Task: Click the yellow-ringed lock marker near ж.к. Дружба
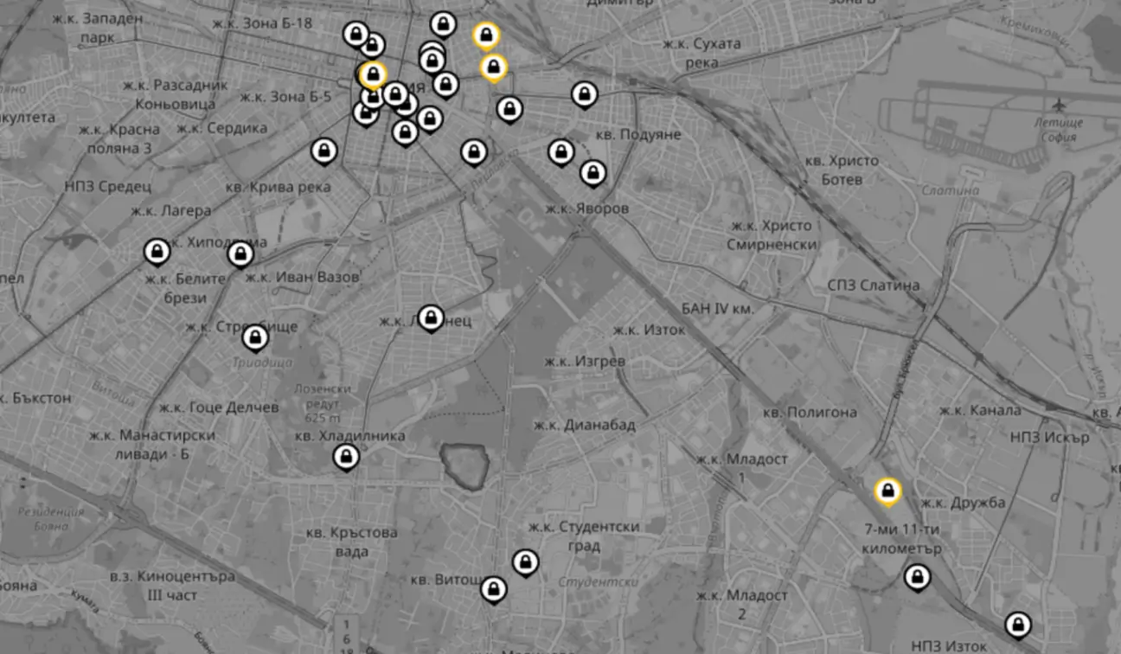[887, 491]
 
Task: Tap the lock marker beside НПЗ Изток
[1018, 624]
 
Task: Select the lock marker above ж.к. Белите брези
[157, 251]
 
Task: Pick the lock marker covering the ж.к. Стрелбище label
[255, 337]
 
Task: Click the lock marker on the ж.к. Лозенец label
[431, 317]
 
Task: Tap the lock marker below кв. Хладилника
[346, 456]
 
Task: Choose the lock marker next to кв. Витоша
[493, 589]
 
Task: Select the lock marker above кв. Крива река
[324, 151]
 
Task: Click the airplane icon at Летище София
[1060, 105]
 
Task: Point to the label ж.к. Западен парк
[97, 28]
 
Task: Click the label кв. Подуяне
[639, 135]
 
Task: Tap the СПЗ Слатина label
[873, 285]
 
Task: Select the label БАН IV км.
[718, 308]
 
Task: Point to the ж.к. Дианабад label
[585, 425]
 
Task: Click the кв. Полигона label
[810, 412]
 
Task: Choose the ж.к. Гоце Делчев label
[219, 407]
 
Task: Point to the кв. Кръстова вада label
[351, 542]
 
